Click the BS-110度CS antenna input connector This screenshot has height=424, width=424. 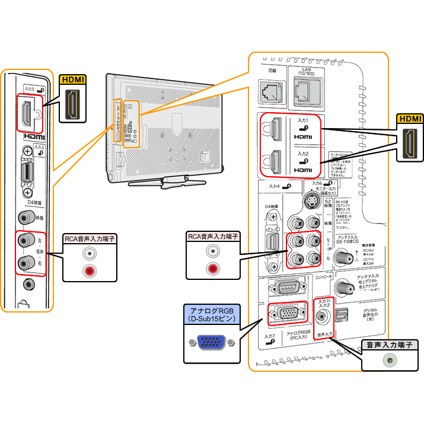pos(343,257)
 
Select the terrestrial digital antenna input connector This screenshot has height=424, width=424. pos(343,288)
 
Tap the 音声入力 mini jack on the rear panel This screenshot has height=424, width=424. pos(322,317)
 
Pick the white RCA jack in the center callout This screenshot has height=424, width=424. pos(212,251)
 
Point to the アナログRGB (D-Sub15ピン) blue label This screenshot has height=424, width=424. pos(211,314)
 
